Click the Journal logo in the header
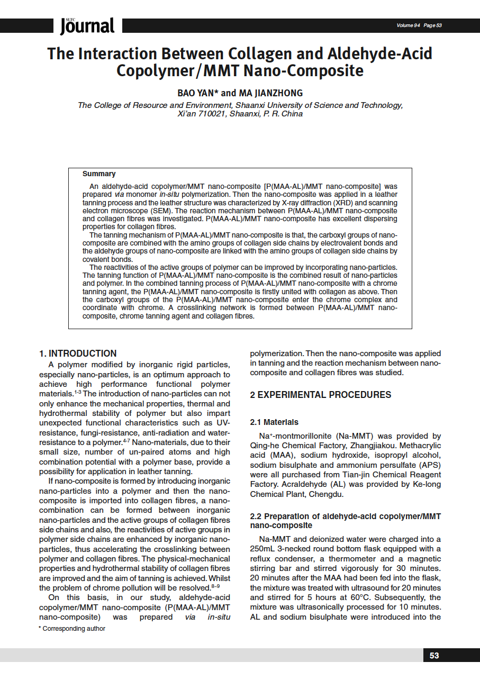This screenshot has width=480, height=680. (x=87, y=25)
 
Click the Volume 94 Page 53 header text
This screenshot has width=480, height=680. (x=419, y=25)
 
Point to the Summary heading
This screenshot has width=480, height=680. (x=99, y=174)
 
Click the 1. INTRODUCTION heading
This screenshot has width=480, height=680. (x=78, y=353)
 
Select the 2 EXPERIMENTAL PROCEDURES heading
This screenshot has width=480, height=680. (x=320, y=395)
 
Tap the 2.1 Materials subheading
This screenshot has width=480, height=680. (x=274, y=422)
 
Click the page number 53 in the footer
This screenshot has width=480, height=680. (x=434, y=655)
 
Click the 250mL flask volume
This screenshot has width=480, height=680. (x=263, y=549)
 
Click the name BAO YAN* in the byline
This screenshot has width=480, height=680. (x=196, y=93)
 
